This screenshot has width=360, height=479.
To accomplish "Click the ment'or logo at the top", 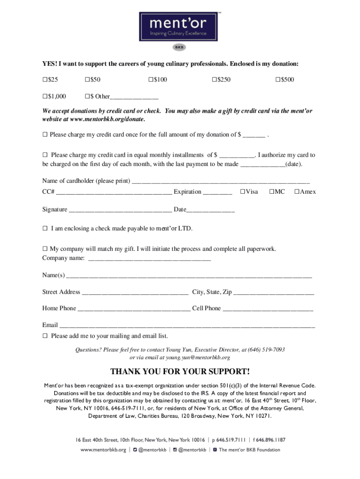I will (x=178, y=27).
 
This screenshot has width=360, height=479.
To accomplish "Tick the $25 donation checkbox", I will (x=45, y=80).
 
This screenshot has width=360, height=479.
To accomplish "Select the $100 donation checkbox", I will (x=151, y=80).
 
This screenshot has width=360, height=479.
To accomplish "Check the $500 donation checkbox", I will (x=278, y=80).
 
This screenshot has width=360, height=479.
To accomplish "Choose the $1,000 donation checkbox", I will (x=45, y=97).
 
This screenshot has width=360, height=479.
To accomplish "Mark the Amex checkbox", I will (x=296, y=192).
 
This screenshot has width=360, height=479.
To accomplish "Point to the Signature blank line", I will (x=120, y=210).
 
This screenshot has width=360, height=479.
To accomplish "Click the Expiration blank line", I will (x=217, y=193).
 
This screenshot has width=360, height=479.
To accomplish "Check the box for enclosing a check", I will (x=45, y=229).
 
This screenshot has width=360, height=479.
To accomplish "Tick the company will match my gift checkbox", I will (x=45, y=249).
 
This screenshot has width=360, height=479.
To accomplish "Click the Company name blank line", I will (x=149, y=259).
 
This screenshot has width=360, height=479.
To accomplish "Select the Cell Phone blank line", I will (x=267, y=309).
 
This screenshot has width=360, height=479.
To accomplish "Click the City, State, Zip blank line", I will (x=274, y=293).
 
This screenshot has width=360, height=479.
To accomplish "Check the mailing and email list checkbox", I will (x=45, y=336).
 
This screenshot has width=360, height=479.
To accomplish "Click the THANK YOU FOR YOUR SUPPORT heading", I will (x=180, y=372).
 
